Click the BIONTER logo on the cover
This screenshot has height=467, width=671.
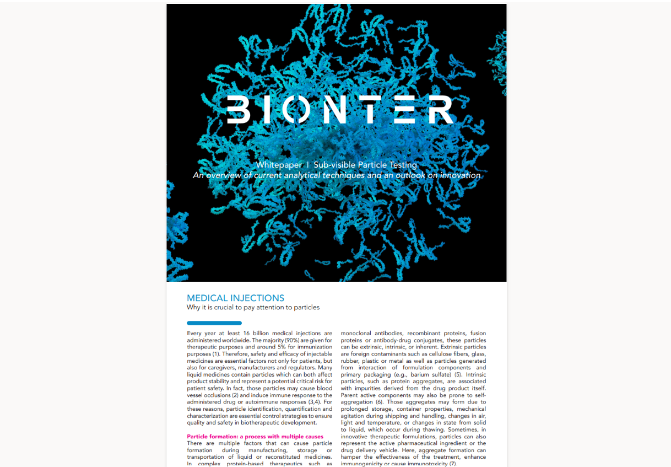point(340,109)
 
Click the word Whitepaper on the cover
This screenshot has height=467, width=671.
point(279,165)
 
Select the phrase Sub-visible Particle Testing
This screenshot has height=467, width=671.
point(365,165)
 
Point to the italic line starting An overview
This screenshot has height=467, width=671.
point(337,175)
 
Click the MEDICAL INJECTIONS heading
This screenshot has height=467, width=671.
point(235,298)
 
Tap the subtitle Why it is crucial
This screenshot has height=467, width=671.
point(253,308)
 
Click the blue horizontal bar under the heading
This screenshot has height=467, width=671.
point(214,323)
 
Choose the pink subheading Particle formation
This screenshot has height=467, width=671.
point(255,437)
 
